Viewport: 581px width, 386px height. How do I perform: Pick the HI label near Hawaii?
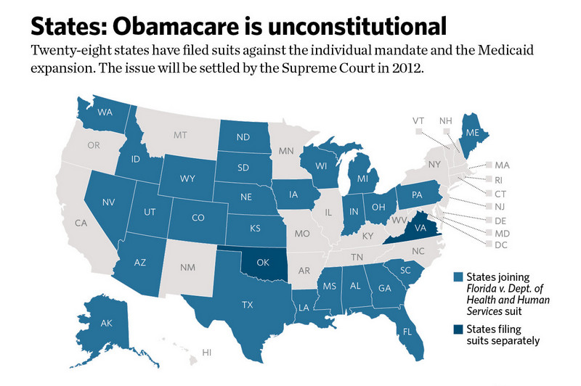tap(206, 353)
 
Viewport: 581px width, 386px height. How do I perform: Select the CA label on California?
tap(81, 223)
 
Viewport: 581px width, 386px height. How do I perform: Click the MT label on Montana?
tap(179, 135)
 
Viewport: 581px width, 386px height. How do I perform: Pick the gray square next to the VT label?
tap(418, 132)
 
